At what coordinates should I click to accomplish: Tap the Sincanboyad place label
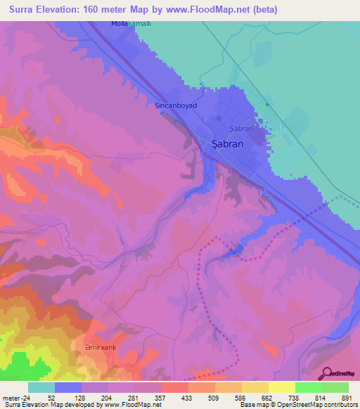(x=176, y=105)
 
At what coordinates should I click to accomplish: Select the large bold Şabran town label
(x=228, y=143)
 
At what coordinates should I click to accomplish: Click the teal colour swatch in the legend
(x=41, y=387)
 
